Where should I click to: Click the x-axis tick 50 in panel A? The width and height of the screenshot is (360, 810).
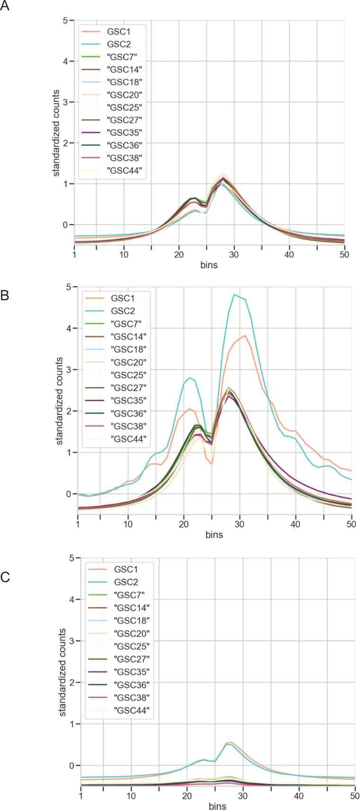[x=344, y=254]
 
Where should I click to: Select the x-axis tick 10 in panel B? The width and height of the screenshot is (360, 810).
[x=127, y=525]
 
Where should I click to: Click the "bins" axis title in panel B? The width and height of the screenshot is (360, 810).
[x=214, y=535]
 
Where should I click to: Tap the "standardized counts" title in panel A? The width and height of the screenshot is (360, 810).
[x=56, y=133]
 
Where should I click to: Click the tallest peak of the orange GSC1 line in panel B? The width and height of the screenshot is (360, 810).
[x=245, y=336]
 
